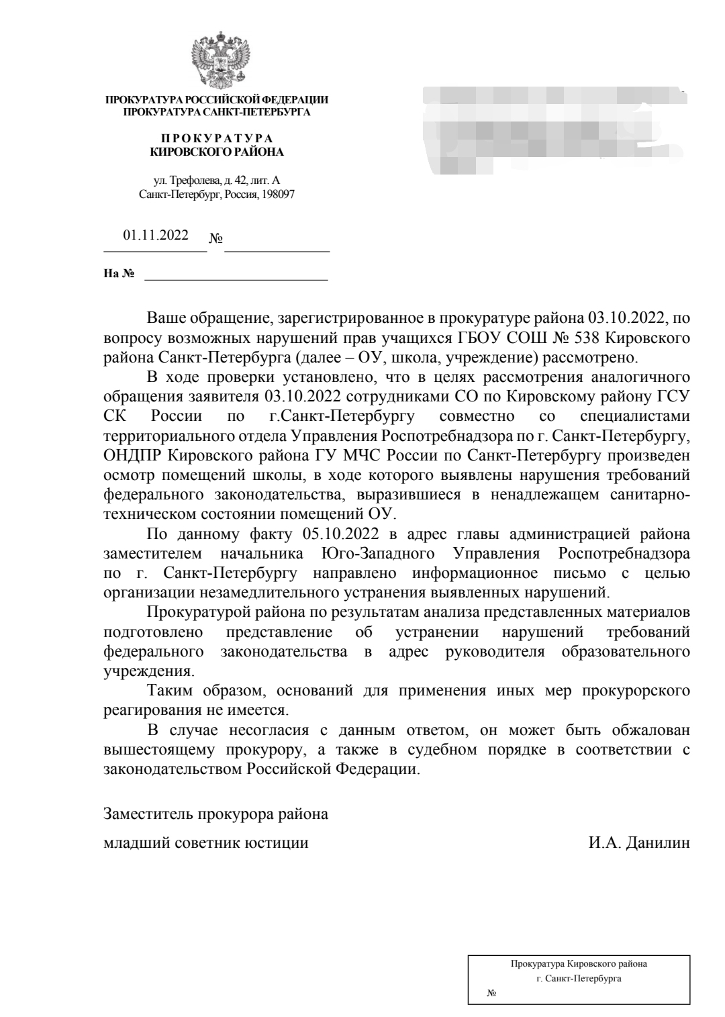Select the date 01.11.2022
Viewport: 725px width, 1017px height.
155,236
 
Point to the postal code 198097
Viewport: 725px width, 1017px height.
277,195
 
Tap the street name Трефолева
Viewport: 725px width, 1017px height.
193,181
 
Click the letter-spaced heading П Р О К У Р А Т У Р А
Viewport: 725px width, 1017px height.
216,138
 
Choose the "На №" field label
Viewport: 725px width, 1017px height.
119,273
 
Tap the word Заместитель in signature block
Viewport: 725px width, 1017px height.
147,814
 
